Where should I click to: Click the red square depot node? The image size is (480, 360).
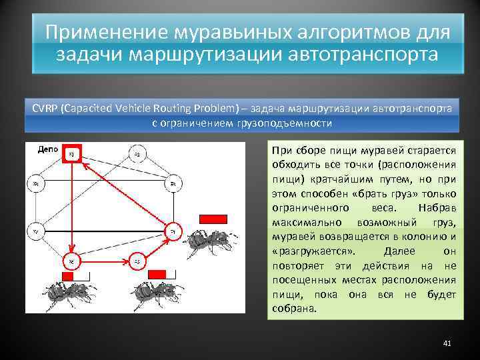tap(71, 155)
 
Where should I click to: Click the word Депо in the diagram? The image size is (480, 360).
tap(49, 150)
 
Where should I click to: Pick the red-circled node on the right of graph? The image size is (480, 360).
tap(172, 231)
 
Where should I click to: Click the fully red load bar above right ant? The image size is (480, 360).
tap(213, 219)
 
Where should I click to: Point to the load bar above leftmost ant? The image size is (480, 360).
tap(74, 276)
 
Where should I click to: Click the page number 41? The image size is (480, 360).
tap(447, 343)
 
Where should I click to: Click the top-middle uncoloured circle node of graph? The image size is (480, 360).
tap(136, 155)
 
